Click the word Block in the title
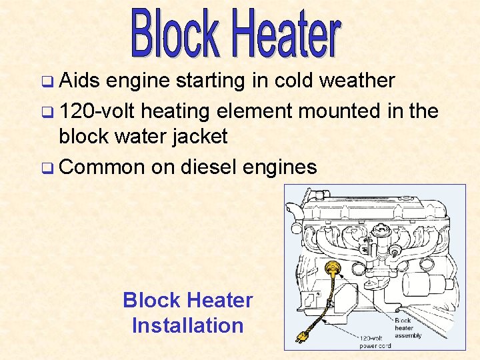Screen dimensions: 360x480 click(x=175, y=33)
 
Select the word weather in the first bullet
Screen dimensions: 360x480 click(x=357, y=81)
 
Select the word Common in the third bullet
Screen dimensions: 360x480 click(x=101, y=167)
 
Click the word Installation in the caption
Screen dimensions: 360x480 click(x=187, y=325)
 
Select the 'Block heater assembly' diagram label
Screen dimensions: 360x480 click(x=407, y=328)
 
